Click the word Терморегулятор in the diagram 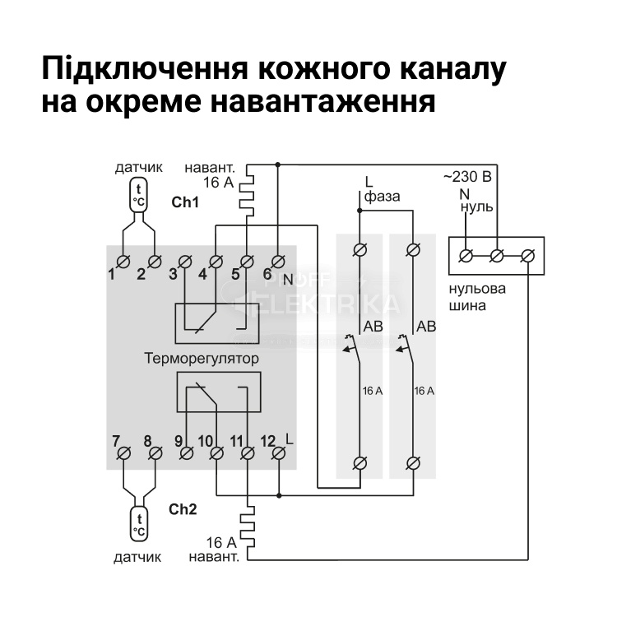pyautogui.click(x=202, y=359)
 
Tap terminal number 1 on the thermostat pyautogui.click(x=123, y=262)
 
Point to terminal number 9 pyautogui.click(x=186, y=452)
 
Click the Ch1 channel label pyautogui.click(x=185, y=202)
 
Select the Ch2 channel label pyautogui.click(x=183, y=509)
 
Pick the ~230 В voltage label pyautogui.click(x=467, y=177)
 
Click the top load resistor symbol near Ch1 pyautogui.click(x=248, y=192)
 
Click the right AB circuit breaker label pyautogui.click(x=426, y=327)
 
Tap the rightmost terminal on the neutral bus pyautogui.click(x=528, y=256)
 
